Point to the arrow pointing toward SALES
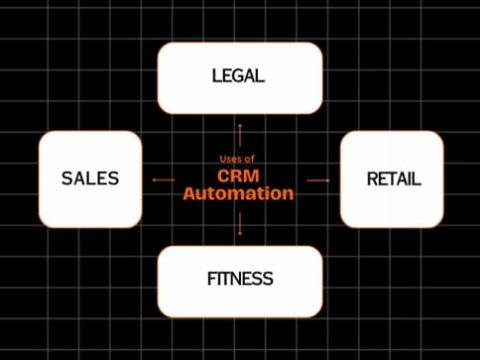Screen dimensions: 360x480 point(161,180)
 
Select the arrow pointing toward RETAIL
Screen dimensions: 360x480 point(318,180)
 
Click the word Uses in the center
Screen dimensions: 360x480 point(229,159)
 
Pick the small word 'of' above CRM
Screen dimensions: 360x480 point(250,159)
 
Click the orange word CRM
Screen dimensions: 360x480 point(239,175)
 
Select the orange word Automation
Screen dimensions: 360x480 point(239,193)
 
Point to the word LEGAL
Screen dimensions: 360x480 point(239,76)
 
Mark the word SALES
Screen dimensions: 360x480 point(90,179)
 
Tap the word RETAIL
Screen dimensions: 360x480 point(393,180)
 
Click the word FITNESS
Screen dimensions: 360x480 point(240,278)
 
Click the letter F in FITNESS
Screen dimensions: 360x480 point(213,278)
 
